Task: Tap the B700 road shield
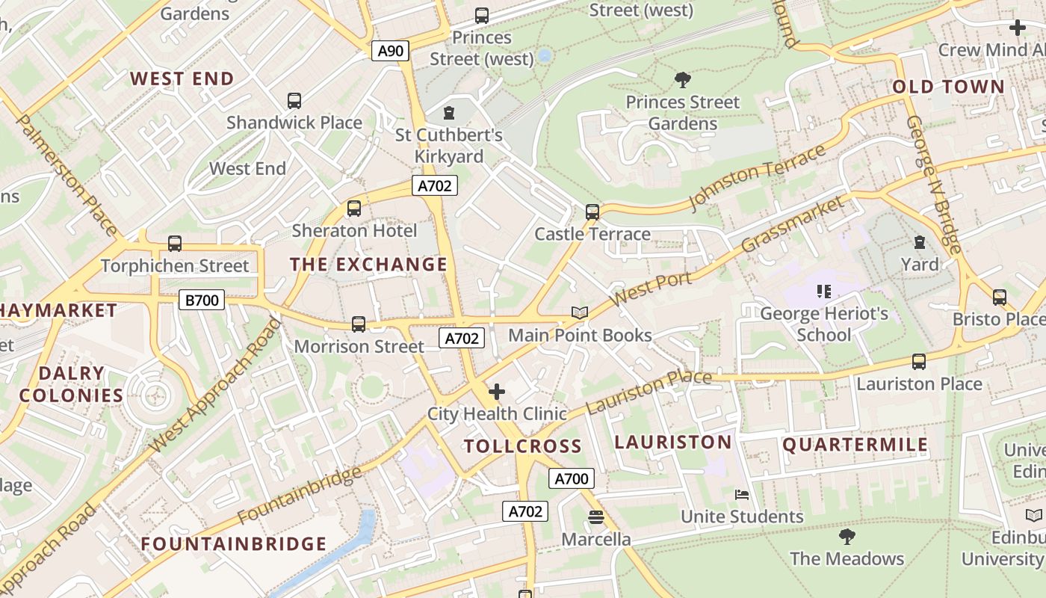202,300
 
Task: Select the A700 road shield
572,478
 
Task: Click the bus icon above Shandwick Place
294,100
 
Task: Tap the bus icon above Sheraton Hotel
354,209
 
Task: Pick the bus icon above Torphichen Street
175,243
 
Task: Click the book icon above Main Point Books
580,312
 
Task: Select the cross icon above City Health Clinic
497,391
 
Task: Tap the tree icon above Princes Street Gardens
682,79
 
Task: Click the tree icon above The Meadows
847,536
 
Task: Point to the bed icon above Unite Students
742,494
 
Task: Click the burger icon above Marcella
595,517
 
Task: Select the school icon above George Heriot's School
824,291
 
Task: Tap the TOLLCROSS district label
522,446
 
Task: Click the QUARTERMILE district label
855,445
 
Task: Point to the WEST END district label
182,78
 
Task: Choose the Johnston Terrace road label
757,176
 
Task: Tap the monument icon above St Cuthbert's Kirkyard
449,113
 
